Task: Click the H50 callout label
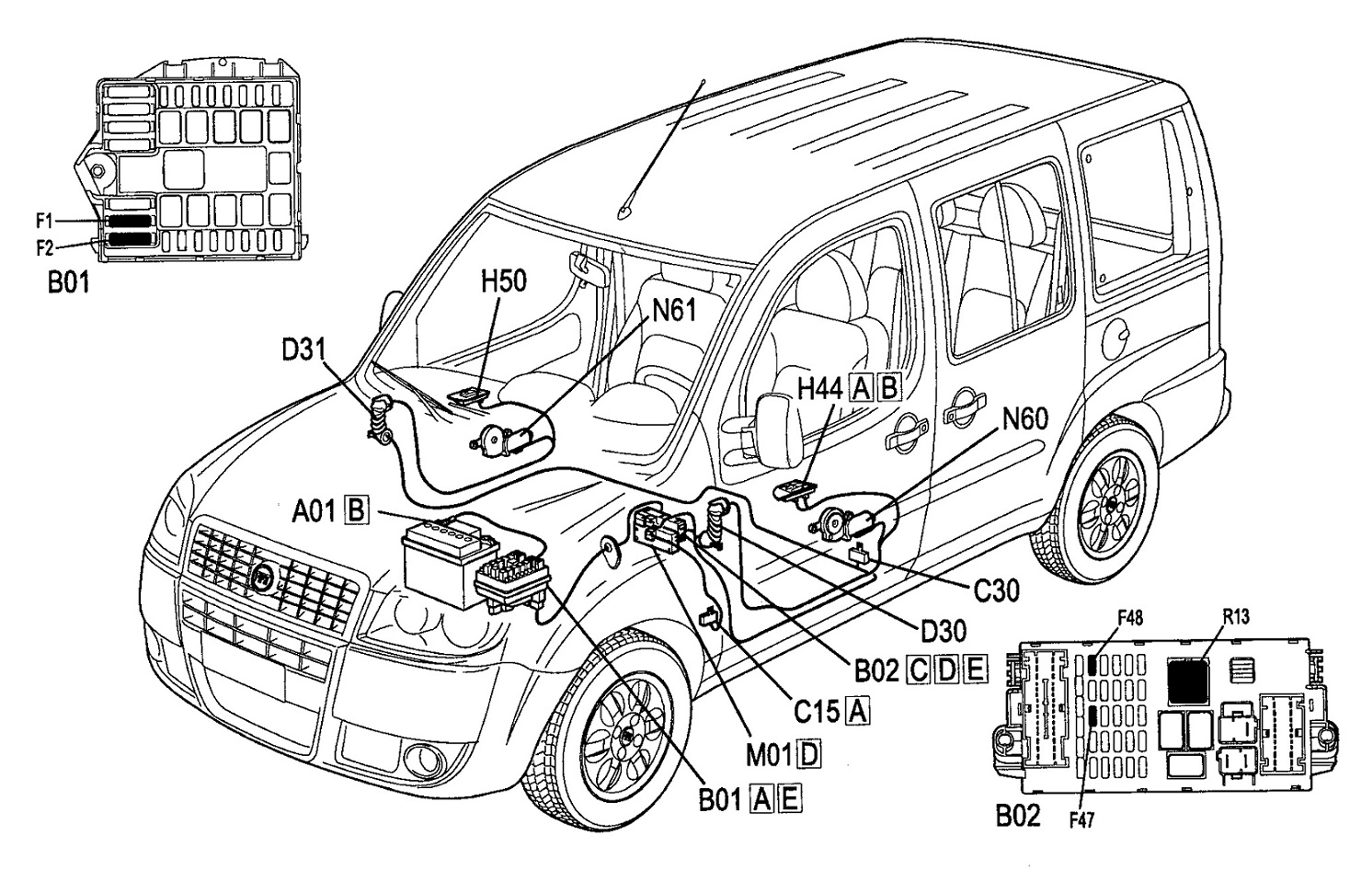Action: pyautogui.click(x=503, y=281)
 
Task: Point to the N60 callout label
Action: pyautogui.click(x=1024, y=419)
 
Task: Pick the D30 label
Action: pyautogui.click(x=943, y=631)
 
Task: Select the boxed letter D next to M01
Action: pyautogui.click(x=809, y=754)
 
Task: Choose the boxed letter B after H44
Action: pyautogui.click(x=888, y=388)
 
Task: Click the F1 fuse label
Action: pyautogui.click(x=44, y=221)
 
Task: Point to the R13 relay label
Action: pyautogui.click(x=1237, y=618)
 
